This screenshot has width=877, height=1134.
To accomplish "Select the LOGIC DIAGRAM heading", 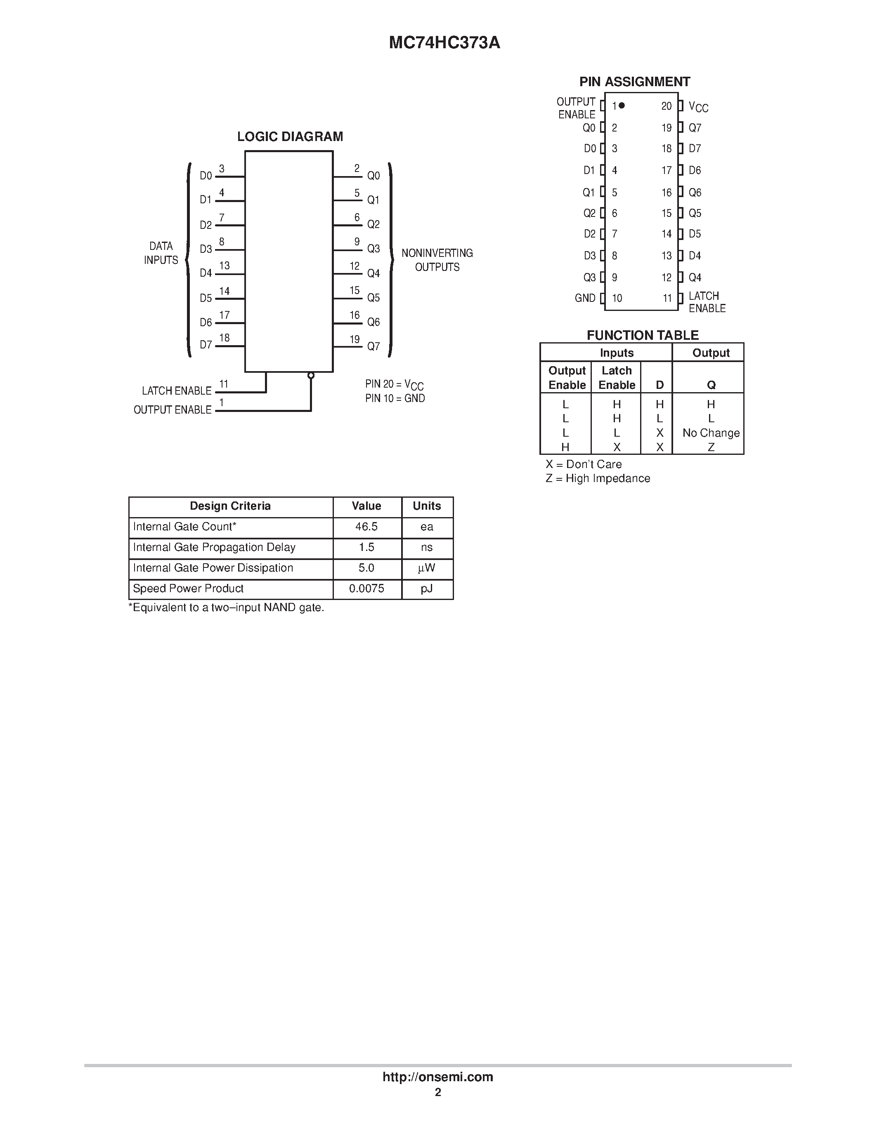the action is click(290, 136).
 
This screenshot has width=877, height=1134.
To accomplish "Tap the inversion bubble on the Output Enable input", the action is click(311, 375).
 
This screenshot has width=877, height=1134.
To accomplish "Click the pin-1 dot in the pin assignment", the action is click(622, 106).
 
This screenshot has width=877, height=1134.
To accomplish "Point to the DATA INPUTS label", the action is click(161, 253).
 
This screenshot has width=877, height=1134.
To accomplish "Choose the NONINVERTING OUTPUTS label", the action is click(437, 260).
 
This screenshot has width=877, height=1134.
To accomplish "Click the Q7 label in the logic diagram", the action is click(373, 346).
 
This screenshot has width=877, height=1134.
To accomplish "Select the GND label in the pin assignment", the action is click(585, 298).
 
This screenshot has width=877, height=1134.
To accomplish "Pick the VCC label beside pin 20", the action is click(698, 107).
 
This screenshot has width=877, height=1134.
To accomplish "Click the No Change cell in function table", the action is click(711, 433).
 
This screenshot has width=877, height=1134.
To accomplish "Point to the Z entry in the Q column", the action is click(711, 447).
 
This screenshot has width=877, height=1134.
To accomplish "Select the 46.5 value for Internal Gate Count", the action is click(366, 527).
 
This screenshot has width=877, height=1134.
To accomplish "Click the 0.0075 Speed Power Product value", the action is click(366, 588).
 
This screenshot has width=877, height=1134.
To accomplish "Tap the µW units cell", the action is click(427, 568).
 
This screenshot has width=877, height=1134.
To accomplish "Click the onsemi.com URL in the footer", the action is click(437, 1077).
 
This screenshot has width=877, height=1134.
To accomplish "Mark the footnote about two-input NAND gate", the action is click(226, 607).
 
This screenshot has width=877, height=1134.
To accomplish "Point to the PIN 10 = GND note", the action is click(395, 398).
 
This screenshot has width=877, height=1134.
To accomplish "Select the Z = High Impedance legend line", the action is click(598, 478).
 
